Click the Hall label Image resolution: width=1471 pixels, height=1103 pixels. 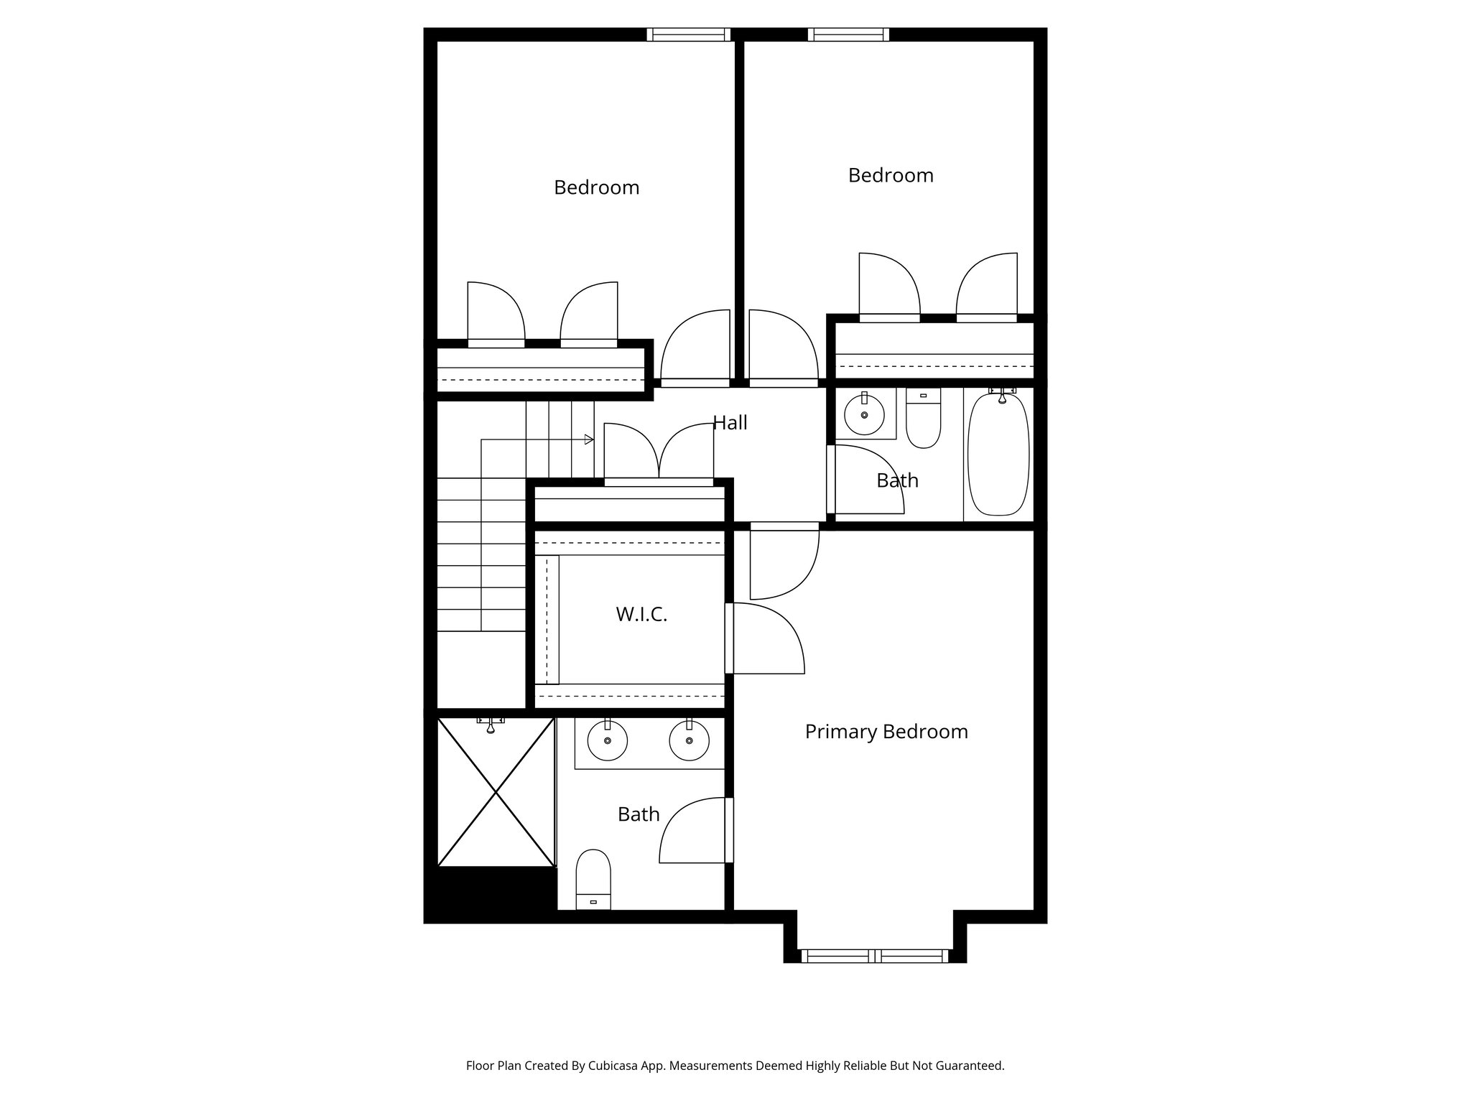point(730,423)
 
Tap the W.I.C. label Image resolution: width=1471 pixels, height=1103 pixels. point(641,615)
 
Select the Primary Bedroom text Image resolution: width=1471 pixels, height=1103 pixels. point(886,732)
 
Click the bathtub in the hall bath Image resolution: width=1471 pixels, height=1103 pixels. point(998,455)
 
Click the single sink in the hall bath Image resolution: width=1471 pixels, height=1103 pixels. point(864,415)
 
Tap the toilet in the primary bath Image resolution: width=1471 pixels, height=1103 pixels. point(593,879)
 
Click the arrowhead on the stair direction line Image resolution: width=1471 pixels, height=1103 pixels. point(589,439)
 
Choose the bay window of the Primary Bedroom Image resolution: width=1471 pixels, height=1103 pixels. point(874,956)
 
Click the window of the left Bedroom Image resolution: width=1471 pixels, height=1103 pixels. point(688,34)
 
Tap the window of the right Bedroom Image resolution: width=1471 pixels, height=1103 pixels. point(848,34)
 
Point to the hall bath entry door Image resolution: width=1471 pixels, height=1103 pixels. point(866,480)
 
